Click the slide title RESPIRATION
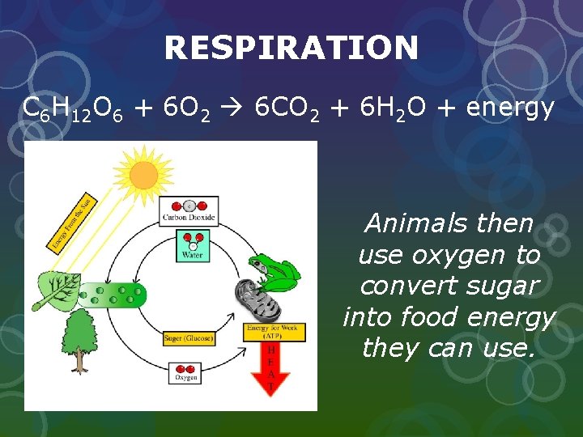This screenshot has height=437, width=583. point(291,49)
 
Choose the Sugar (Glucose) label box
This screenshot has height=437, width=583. point(188,337)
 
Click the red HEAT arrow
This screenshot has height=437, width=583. point(271,368)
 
